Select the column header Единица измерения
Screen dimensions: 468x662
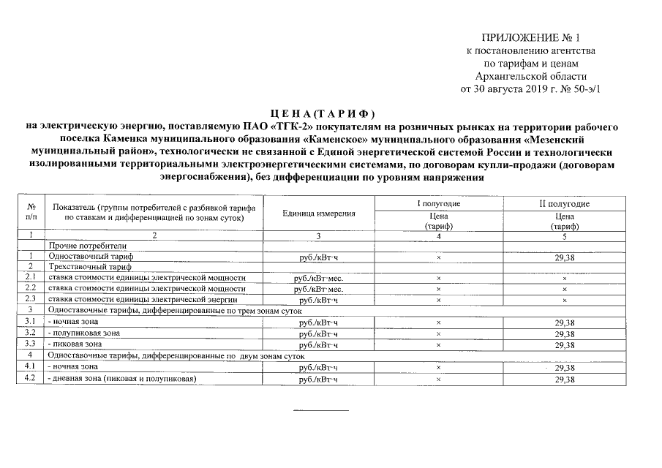(x=318, y=213)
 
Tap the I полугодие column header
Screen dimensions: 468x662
(x=438, y=203)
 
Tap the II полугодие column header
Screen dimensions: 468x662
(x=564, y=203)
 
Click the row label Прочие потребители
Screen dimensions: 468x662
(x=88, y=246)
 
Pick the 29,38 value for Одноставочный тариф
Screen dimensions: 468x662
(x=564, y=257)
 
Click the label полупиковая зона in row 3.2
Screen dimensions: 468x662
(x=83, y=333)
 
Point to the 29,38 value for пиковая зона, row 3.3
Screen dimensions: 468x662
(x=564, y=344)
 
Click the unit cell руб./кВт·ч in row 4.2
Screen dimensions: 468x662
(x=318, y=379)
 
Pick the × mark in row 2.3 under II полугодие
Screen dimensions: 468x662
(x=564, y=301)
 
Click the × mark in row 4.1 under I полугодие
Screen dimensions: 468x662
(x=438, y=367)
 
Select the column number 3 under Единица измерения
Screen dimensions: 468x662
(x=318, y=235)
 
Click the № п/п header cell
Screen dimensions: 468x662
(x=31, y=213)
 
